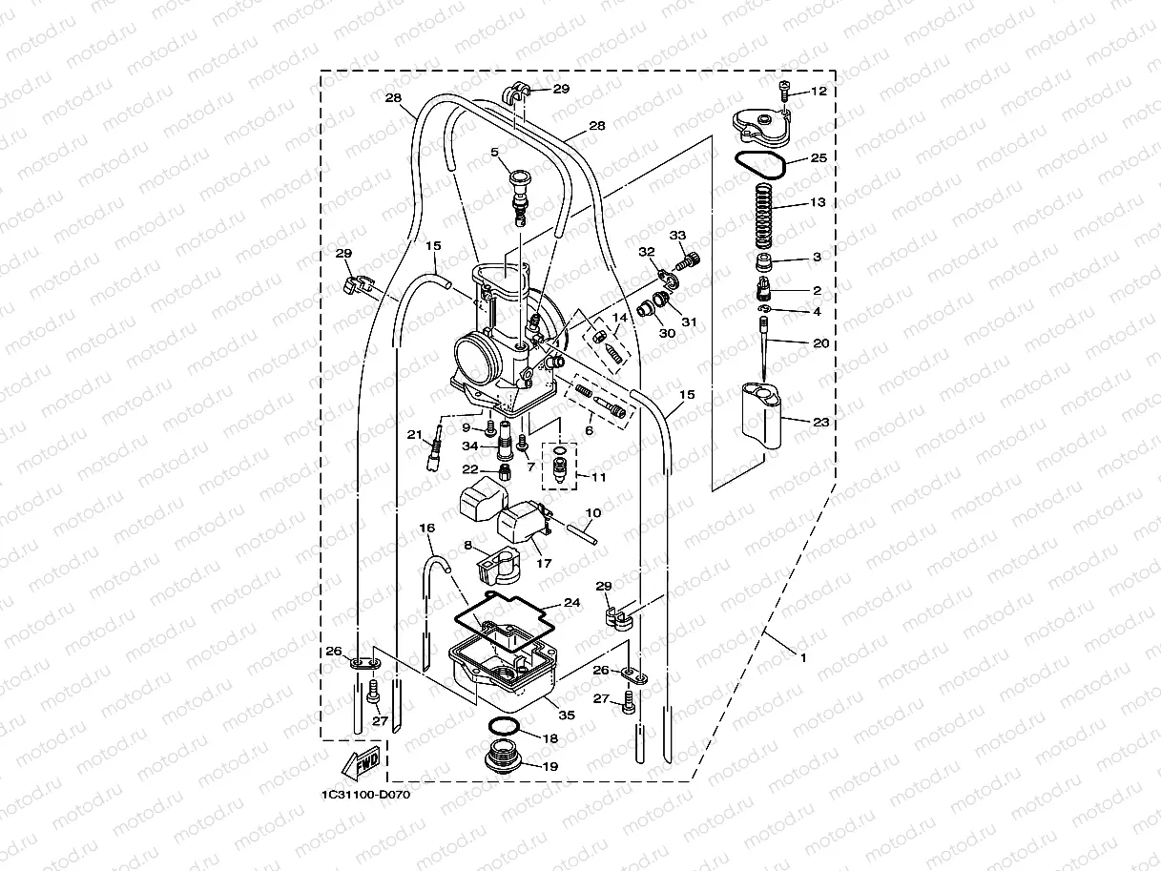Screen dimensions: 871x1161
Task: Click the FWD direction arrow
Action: [356, 764]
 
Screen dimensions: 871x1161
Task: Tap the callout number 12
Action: [819, 93]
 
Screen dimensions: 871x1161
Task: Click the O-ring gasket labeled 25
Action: [760, 162]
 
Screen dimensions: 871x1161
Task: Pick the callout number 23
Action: [820, 422]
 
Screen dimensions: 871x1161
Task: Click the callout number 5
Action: [495, 153]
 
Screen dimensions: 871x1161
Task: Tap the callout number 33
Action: [677, 236]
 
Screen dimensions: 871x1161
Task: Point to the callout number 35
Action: [567, 715]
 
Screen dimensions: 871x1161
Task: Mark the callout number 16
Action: [426, 528]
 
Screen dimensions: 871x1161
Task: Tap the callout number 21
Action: [414, 435]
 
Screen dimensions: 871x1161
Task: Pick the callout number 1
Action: [802, 657]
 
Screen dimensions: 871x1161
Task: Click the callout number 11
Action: [599, 475]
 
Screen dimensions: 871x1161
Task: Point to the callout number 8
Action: [468, 545]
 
